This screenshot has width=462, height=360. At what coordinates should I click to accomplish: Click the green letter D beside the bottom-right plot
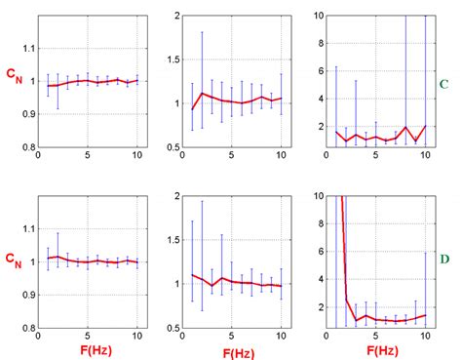(x=444, y=260)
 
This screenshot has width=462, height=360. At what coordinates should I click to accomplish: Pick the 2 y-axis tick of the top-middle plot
(x=176, y=17)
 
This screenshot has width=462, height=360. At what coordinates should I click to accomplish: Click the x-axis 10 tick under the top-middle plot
(x=281, y=156)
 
